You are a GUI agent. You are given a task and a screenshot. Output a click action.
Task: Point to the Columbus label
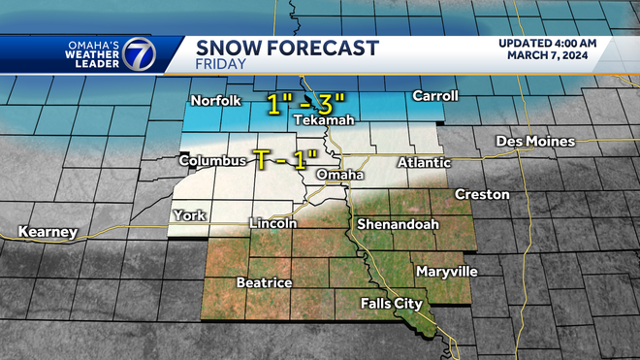click(210, 160)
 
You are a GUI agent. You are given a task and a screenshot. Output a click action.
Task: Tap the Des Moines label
click(535, 142)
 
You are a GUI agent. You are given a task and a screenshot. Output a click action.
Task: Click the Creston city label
click(483, 195)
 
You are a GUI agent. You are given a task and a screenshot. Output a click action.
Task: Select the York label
click(188, 215)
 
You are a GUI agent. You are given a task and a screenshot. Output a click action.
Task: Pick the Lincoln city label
click(272, 223)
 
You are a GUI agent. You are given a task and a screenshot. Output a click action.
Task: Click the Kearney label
click(47, 232)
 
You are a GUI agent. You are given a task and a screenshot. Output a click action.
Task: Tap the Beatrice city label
click(265, 282)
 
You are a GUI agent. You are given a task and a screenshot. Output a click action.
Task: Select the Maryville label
click(443, 270)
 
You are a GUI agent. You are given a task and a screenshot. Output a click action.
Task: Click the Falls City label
click(391, 304)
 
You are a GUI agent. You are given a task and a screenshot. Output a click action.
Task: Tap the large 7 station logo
click(137, 54)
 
